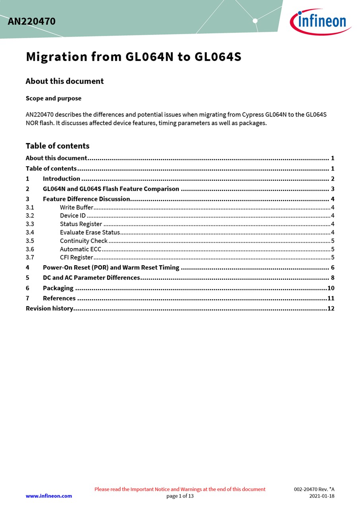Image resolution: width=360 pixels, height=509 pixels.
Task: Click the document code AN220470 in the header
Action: (31, 21)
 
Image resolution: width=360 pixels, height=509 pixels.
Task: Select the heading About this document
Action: (64, 81)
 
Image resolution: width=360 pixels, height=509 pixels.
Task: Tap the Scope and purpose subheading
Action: (53, 98)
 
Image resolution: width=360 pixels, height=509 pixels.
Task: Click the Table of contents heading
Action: (57, 146)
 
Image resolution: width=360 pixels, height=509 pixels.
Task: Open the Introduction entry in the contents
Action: (62, 179)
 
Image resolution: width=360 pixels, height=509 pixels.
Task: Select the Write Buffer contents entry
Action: (77, 207)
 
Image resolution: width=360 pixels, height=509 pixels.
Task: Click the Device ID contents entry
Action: (73, 216)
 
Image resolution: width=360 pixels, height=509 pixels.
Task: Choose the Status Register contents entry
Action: (81, 224)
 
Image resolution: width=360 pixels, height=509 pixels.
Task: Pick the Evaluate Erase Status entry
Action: (90, 232)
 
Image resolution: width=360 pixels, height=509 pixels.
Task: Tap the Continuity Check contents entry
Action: (84, 241)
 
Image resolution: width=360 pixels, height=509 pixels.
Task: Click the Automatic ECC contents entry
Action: (81, 249)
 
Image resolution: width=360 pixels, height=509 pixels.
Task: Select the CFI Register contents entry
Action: (77, 257)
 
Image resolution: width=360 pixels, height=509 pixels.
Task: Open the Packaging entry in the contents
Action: (58, 288)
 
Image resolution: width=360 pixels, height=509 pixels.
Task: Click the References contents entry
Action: (59, 298)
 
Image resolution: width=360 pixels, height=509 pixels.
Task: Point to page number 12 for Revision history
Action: (331, 308)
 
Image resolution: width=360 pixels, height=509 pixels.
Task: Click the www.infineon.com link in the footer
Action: (49, 496)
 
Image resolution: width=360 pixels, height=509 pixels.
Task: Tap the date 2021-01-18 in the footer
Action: (322, 496)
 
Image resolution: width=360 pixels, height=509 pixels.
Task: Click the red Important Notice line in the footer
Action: (180, 489)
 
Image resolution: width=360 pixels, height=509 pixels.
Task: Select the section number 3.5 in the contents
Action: (30, 241)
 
